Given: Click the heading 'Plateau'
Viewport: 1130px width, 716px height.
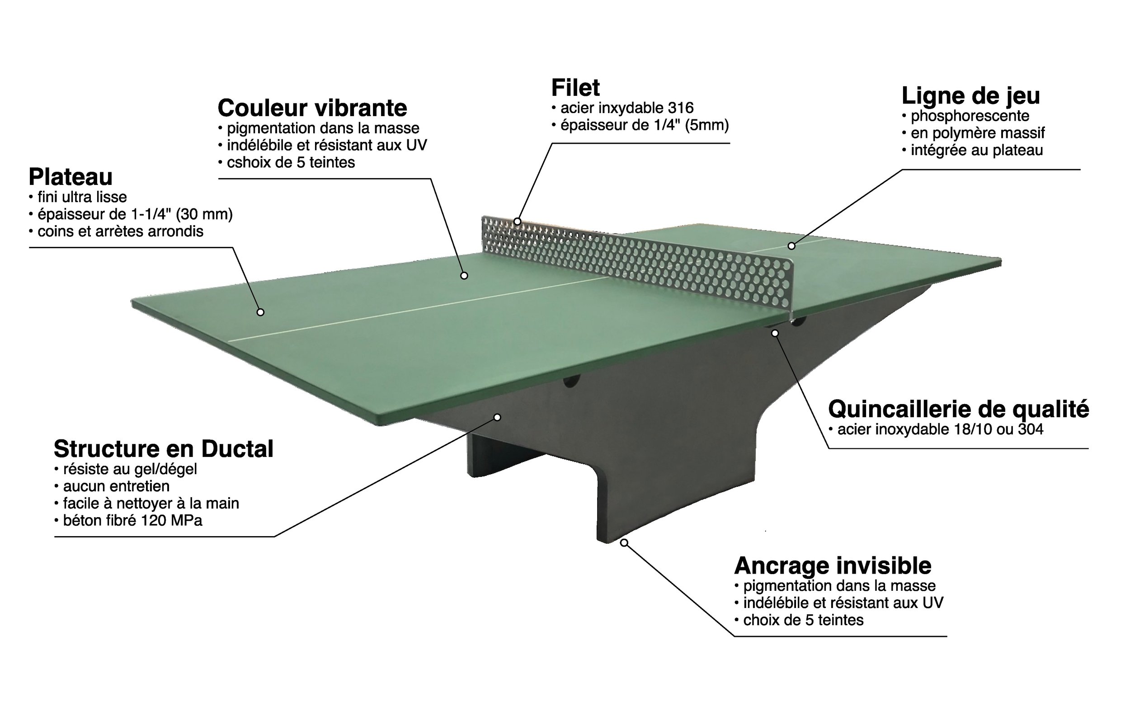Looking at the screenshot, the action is click(x=71, y=177).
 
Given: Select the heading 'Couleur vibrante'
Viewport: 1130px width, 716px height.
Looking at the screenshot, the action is click(x=312, y=108).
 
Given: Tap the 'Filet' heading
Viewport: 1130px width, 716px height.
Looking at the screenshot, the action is click(x=575, y=88).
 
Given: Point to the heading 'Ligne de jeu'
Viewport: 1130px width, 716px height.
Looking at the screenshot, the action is click(x=970, y=96).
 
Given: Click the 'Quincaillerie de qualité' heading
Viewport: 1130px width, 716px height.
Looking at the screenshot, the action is click(x=958, y=409).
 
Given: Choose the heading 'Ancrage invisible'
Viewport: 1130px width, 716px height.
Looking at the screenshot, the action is click(x=833, y=566).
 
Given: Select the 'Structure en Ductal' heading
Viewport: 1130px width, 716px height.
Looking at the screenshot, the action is click(x=163, y=449).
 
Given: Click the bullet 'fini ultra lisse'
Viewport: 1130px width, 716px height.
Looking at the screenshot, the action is click(x=82, y=197).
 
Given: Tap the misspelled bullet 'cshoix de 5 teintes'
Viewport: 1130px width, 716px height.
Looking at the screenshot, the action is click(x=291, y=163).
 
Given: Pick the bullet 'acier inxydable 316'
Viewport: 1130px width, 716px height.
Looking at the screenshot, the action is click(x=626, y=108).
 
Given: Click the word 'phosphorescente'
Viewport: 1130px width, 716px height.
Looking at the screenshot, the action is click(x=970, y=116).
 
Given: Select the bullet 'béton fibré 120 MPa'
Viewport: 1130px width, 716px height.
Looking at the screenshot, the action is click(x=132, y=521).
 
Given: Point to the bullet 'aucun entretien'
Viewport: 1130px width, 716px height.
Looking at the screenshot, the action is click(x=116, y=486).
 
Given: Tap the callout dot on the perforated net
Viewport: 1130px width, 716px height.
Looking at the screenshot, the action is click(x=517, y=221).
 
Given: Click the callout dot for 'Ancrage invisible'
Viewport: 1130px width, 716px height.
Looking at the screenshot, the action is click(x=624, y=542).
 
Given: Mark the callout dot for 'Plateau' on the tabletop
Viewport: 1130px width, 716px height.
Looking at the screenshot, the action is click(x=260, y=312).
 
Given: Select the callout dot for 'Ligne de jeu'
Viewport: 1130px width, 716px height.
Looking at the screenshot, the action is click(x=791, y=245).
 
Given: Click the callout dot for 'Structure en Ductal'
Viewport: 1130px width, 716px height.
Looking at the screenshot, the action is click(x=497, y=417).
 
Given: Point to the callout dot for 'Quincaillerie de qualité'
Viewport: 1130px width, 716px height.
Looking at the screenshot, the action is click(x=775, y=333).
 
